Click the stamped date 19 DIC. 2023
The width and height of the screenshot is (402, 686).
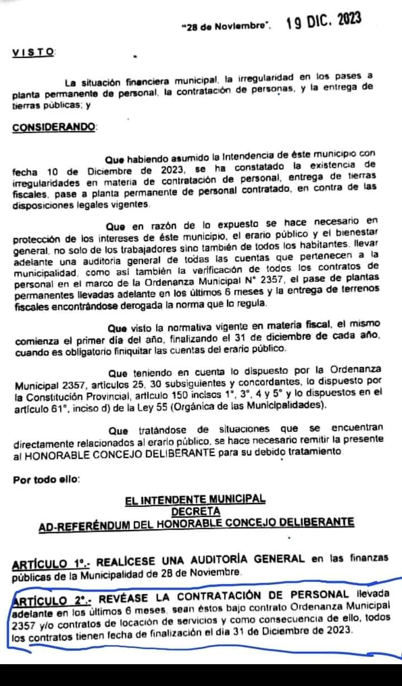coord(324,22)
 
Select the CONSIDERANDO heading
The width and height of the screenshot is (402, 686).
coord(54,127)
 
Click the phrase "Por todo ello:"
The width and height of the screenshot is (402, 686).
coord(46,479)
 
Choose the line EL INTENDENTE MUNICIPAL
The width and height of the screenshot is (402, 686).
coord(196,499)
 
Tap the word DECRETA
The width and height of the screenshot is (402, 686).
coord(196,511)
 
